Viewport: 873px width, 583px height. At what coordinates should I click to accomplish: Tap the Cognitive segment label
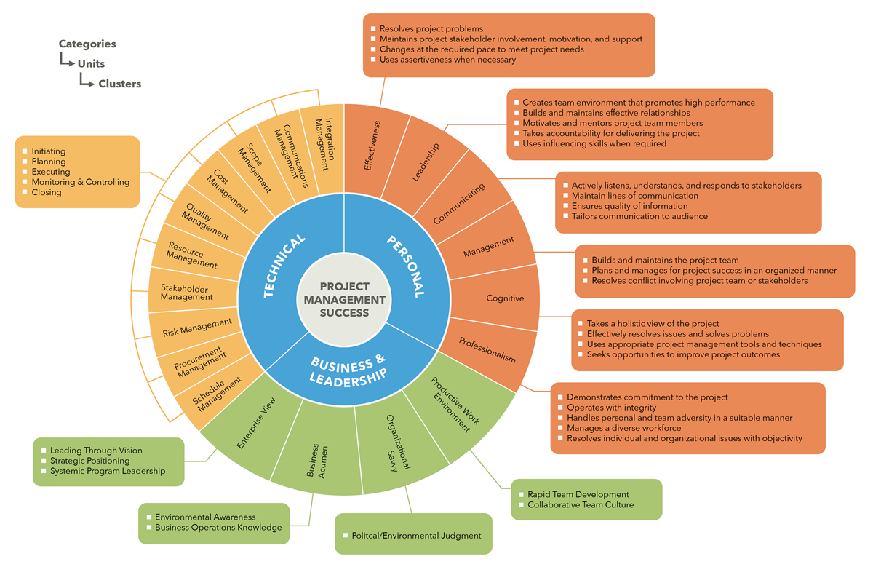pos(505,298)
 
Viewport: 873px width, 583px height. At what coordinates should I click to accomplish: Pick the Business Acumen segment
pos(318,460)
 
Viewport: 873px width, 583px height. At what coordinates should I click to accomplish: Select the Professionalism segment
pos(487,349)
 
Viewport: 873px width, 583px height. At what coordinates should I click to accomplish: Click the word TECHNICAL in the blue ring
pos(284,266)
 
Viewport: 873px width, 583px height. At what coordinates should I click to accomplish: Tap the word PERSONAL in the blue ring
pos(405,266)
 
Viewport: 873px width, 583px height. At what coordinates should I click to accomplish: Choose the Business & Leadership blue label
pos(347,370)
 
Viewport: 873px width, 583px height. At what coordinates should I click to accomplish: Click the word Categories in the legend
pos(87,44)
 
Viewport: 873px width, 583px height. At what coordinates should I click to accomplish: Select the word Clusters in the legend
pos(120,84)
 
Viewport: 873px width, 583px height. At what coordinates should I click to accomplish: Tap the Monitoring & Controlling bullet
pos(80,182)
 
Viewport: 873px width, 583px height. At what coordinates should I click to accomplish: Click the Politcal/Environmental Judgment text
pos(416,536)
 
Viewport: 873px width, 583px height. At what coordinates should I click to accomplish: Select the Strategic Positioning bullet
pos(89,461)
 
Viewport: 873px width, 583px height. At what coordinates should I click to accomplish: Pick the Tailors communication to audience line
pos(639,216)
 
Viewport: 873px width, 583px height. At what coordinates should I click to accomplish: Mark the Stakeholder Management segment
pos(187,293)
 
